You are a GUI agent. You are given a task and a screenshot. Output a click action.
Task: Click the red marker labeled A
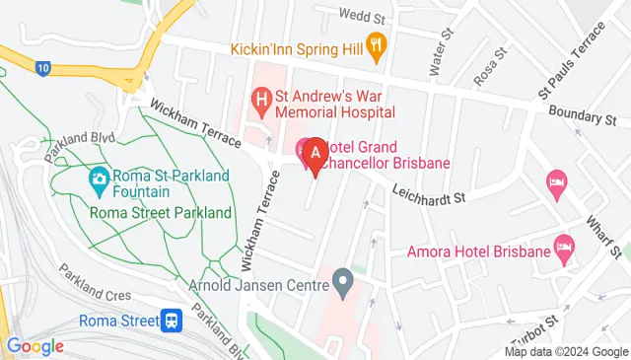point(315,156)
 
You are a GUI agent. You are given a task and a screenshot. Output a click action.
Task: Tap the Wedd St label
point(361,14)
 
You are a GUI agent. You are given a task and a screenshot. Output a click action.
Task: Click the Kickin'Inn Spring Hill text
point(296,47)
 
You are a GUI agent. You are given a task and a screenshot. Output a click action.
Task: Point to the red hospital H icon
point(261,98)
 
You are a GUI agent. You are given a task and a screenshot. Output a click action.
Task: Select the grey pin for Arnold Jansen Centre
point(343,283)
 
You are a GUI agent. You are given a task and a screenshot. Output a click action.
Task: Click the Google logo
point(35,346)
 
